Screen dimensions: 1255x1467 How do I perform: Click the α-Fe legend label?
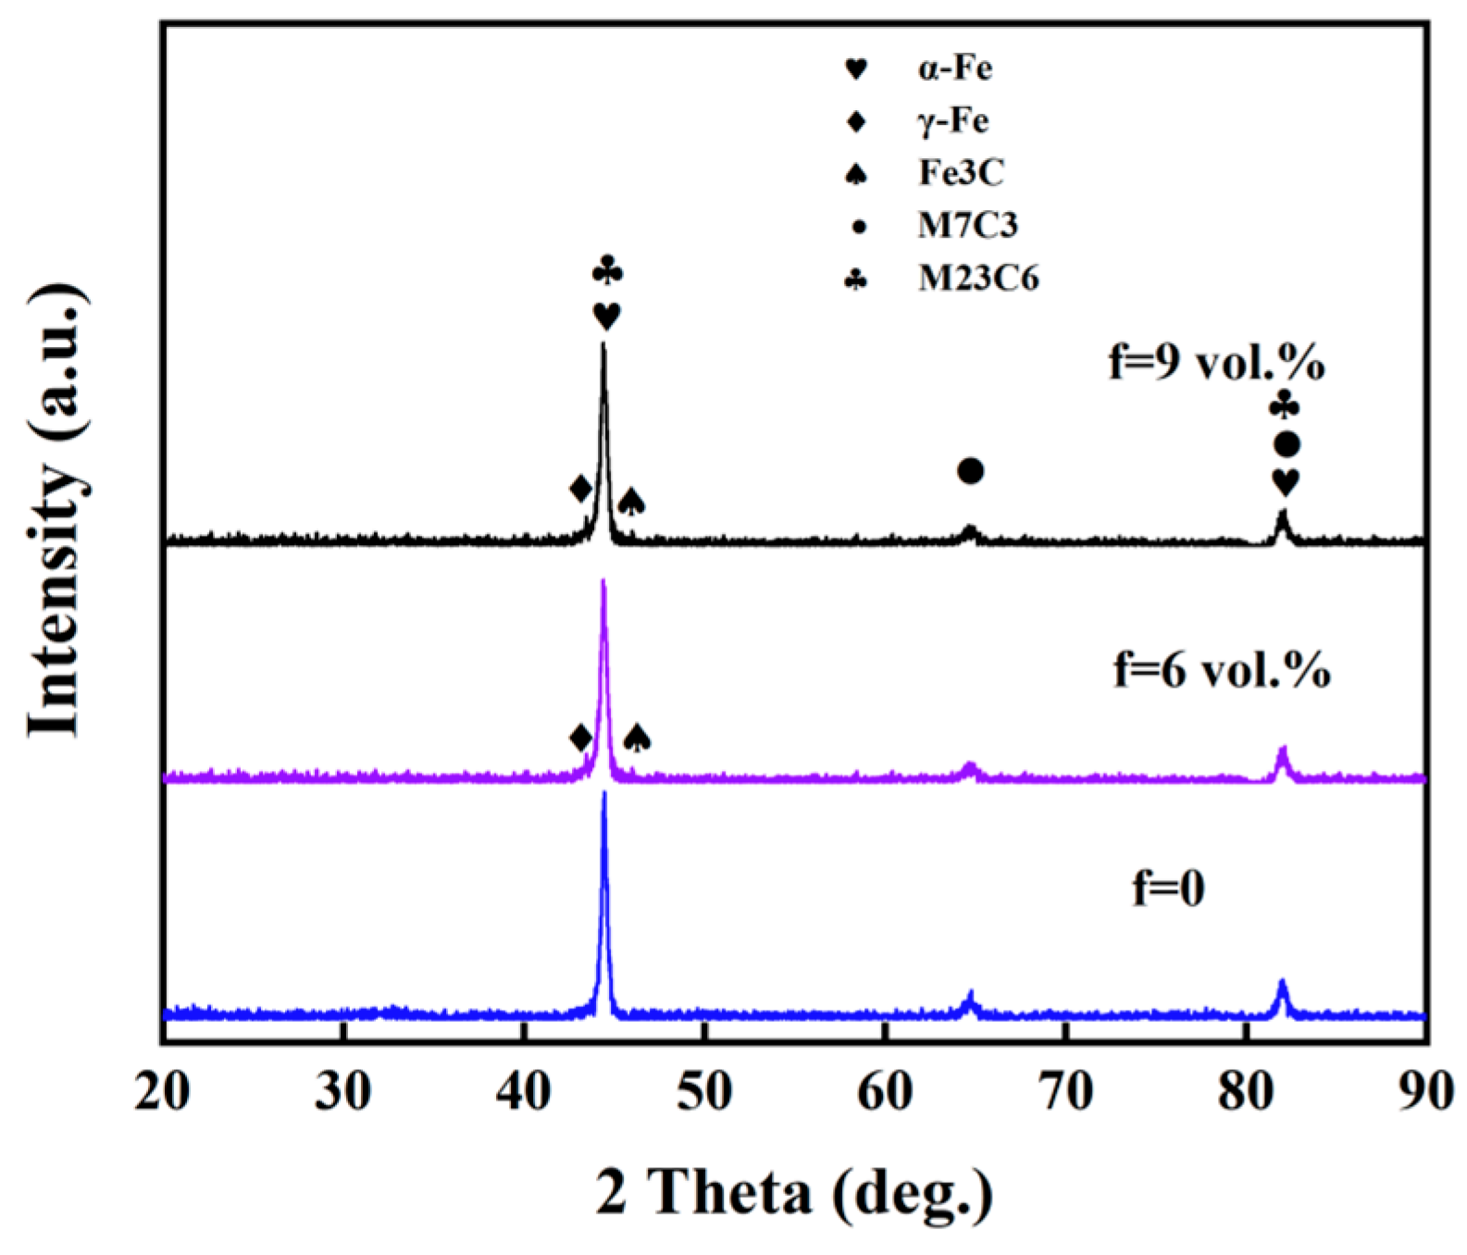955,69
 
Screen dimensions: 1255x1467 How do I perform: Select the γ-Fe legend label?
953,121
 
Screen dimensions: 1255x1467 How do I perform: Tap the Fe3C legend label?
961,173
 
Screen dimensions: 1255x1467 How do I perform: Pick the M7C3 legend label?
967,225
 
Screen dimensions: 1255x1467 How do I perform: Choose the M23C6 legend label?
978,278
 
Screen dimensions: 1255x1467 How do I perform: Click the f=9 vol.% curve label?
1216,364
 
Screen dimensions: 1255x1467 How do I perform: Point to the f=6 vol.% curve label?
1221,670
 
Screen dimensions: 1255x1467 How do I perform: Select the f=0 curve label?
1168,888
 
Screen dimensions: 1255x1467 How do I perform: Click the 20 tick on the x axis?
163,1092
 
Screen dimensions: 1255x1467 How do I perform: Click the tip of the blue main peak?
604,794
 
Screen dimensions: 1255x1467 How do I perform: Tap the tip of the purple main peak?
603,582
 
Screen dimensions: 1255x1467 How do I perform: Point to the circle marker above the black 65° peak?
970,471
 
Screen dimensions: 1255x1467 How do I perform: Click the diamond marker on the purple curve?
580,739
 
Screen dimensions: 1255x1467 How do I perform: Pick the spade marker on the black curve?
631,502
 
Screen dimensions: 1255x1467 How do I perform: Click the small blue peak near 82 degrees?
1282,982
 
